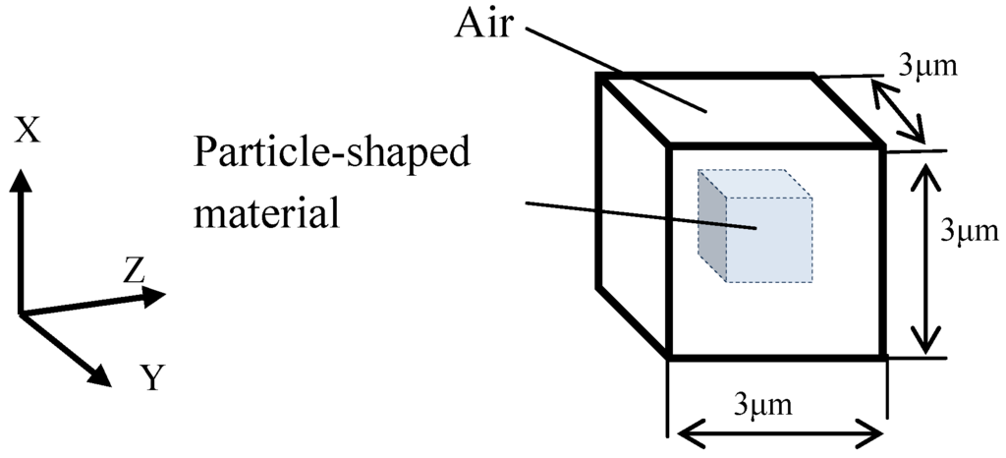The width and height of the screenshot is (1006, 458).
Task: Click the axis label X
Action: (28, 130)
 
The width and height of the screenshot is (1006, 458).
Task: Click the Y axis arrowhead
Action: (101, 376)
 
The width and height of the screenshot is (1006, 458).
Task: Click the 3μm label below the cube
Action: (775, 403)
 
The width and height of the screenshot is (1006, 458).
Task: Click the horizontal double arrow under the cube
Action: (776, 430)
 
